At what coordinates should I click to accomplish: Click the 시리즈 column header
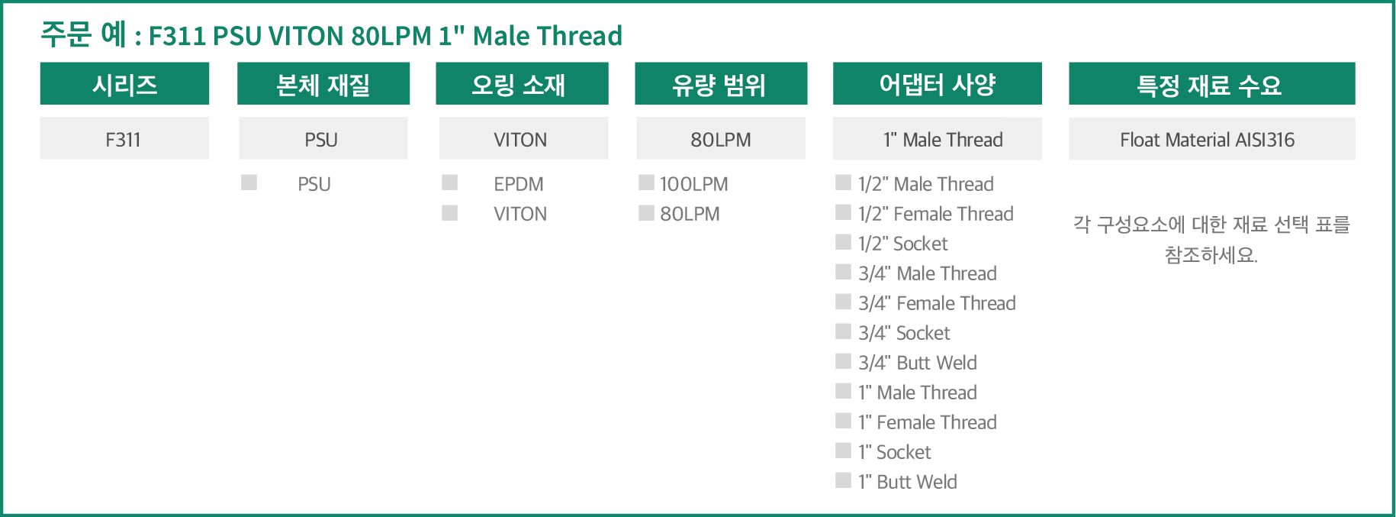[124, 83]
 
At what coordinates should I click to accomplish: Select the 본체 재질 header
[323, 83]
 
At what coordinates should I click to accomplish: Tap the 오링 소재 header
[522, 83]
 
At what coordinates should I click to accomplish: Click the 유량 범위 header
[721, 83]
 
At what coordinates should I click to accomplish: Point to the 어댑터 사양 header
[938, 83]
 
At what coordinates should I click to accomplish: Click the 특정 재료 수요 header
[1212, 83]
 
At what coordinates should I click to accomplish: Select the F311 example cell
[124, 138]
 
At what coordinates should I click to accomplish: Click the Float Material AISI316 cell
[1212, 138]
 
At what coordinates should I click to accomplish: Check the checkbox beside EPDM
[450, 183]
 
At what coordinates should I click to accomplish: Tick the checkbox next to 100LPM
[647, 183]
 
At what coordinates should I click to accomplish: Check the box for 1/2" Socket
[844, 242]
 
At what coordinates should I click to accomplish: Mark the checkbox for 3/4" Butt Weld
[844, 361]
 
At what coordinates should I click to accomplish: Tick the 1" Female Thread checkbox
[844, 421]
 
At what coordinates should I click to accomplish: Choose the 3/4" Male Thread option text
[928, 273]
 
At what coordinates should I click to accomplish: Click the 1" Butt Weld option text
[908, 482]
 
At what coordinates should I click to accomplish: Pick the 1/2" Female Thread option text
[936, 214]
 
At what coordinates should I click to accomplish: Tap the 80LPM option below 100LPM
[690, 214]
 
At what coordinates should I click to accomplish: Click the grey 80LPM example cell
[721, 138]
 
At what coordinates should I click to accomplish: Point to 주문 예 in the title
[83, 34]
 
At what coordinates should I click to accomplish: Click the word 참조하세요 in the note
[1211, 255]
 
